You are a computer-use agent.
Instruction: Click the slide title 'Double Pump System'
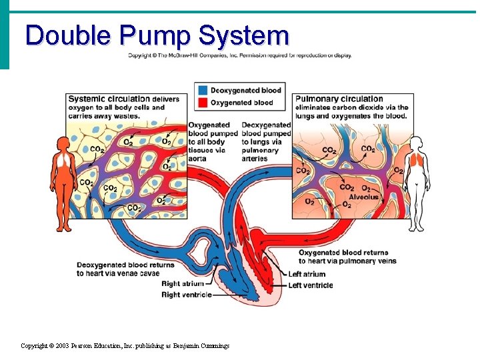tap(157, 35)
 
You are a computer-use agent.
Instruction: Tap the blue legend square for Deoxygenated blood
tap(202, 90)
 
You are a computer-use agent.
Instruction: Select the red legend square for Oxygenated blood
tap(202, 102)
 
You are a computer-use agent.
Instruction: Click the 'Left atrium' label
tap(307, 274)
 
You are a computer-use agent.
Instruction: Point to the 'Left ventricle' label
tap(310, 285)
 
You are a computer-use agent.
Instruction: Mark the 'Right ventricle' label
tap(186, 295)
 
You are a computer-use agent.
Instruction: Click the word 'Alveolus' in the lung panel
tap(363, 197)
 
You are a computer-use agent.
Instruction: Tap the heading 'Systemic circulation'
tap(109, 99)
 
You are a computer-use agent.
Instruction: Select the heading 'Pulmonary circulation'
tap(339, 99)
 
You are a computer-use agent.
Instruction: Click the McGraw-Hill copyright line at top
tap(239, 55)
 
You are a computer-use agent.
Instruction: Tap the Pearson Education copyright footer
tap(125, 346)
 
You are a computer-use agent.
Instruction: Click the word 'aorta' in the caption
tap(198, 159)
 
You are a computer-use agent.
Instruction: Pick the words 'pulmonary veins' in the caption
tap(368, 261)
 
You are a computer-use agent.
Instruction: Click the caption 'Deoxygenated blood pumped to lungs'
tap(266, 133)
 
